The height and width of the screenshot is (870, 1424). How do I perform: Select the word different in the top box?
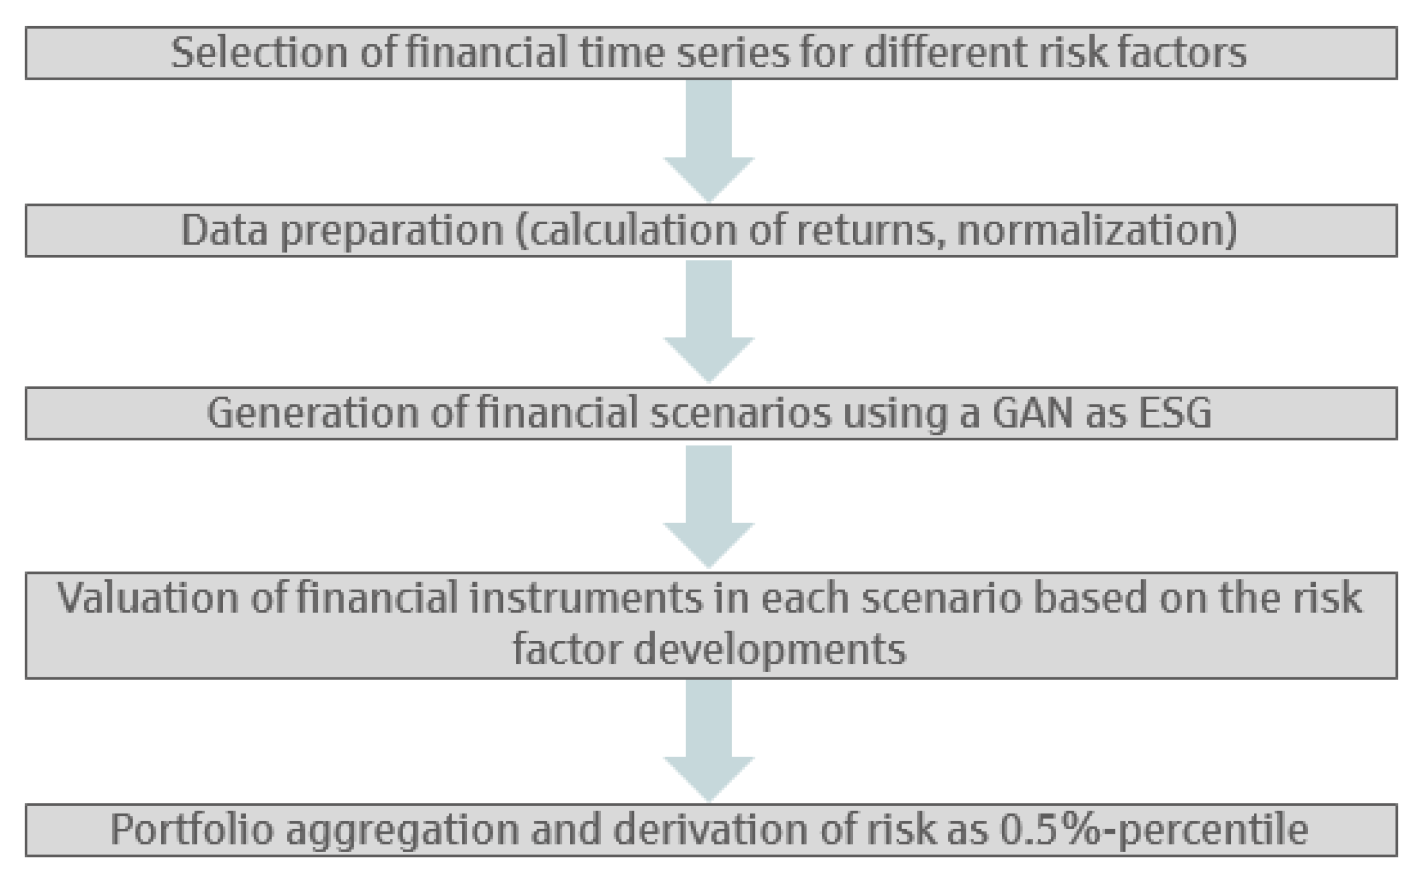tap(945, 53)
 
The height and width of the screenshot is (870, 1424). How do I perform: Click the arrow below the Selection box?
tap(708, 140)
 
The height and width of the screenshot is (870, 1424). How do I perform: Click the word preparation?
tap(392, 231)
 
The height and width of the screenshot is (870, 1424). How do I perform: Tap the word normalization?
tap(1097, 230)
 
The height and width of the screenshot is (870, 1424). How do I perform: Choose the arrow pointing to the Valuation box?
tap(708, 505)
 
